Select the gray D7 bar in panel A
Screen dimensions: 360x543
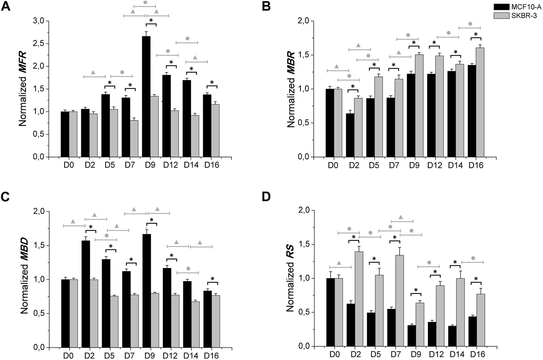(134, 139)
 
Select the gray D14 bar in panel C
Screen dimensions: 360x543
(195, 324)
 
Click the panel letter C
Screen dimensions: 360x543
(5, 197)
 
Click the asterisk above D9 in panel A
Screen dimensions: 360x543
(151, 20)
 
